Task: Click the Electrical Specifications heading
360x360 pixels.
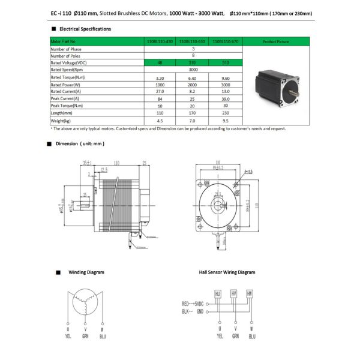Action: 84,28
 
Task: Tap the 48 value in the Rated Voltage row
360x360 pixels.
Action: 159,63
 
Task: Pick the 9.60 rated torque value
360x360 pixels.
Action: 223,77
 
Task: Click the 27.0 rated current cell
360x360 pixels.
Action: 159,91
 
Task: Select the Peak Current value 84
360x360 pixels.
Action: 159,98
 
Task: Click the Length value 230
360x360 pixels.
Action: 223,113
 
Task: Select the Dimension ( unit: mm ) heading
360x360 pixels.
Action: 80,144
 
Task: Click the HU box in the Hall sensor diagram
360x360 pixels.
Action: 218,293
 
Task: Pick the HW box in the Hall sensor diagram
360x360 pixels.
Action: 250,293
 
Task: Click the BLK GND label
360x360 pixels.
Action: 193,311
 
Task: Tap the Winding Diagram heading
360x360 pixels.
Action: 86,272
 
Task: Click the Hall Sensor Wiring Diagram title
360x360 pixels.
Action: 227,272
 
